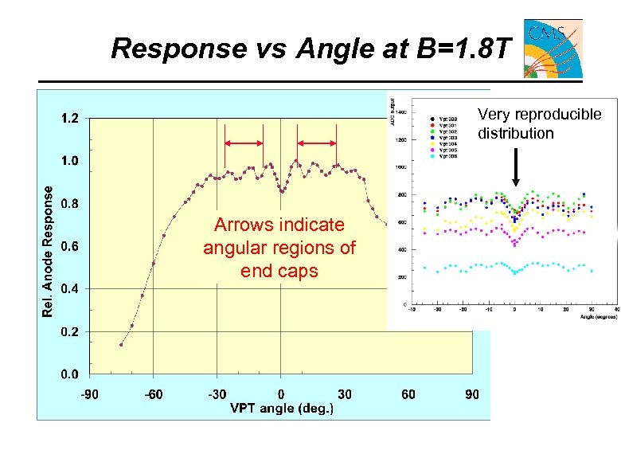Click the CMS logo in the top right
pyautogui.click(x=553, y=49)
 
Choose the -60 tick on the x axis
pyautogui.click(x=154, y=393)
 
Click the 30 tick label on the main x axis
pyautogui.click(x=345, y=393)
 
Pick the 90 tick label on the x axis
pyautogui.click(x=472, y=393)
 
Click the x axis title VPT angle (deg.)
pyautogui.click(x=281, y=408)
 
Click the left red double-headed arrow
pyautogui.click(x=244, y=143)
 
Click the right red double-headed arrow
pyautogui.click(x=317, y=143)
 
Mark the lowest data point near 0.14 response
pyautogui.click(x=121, y=345)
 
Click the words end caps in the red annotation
pyautogui.click(x=279, y=271)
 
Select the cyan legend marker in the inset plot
pyautogui.click(x=431, y=156)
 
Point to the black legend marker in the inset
pyautogui.click(x=431, y=119)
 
